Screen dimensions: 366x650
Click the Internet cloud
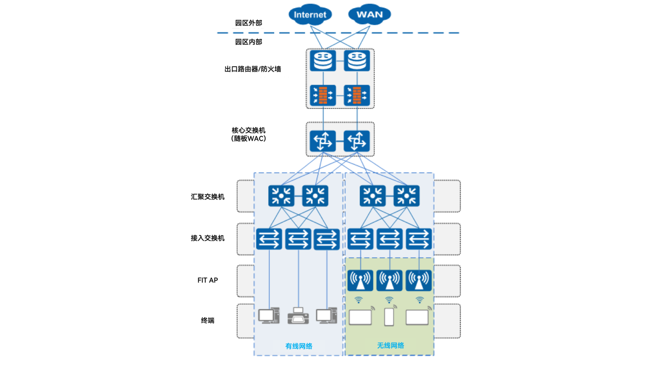(x=310, y=15)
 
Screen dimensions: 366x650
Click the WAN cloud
(x=369, y=15)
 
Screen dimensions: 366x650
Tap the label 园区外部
(x=249, y=23)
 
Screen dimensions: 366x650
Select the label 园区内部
(x=249, y=42)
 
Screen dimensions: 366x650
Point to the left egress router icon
(x=323, y=61)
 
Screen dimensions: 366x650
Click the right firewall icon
(x=357, y=95)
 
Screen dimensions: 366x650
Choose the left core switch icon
(x=323, y=141)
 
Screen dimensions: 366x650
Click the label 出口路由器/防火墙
(x=253, y=69)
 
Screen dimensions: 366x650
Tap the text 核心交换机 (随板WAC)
(x=249, y=134)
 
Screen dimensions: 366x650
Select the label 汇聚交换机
(x=208, y=197)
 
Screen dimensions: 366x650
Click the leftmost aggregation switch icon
(x=281, y=196)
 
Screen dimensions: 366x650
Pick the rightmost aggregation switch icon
(x=406, y=196)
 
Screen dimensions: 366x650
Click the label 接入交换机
(x=208, y=238)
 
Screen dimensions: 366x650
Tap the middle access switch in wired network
(x=298, y=239)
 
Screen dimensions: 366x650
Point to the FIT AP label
(x=208, y=280)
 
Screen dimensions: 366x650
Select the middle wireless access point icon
(x=389, y=280)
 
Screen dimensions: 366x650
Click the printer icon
(x=298, y=316)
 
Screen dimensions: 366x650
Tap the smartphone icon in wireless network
(x=389, y=317)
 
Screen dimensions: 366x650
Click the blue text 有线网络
(x=299, y=346)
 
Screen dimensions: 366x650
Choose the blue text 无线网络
(x=390, y=346)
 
